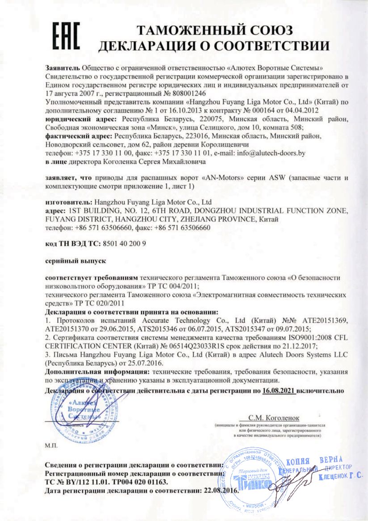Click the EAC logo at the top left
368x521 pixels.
(x=67, y=36)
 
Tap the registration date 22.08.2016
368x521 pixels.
(x=219, y=491)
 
